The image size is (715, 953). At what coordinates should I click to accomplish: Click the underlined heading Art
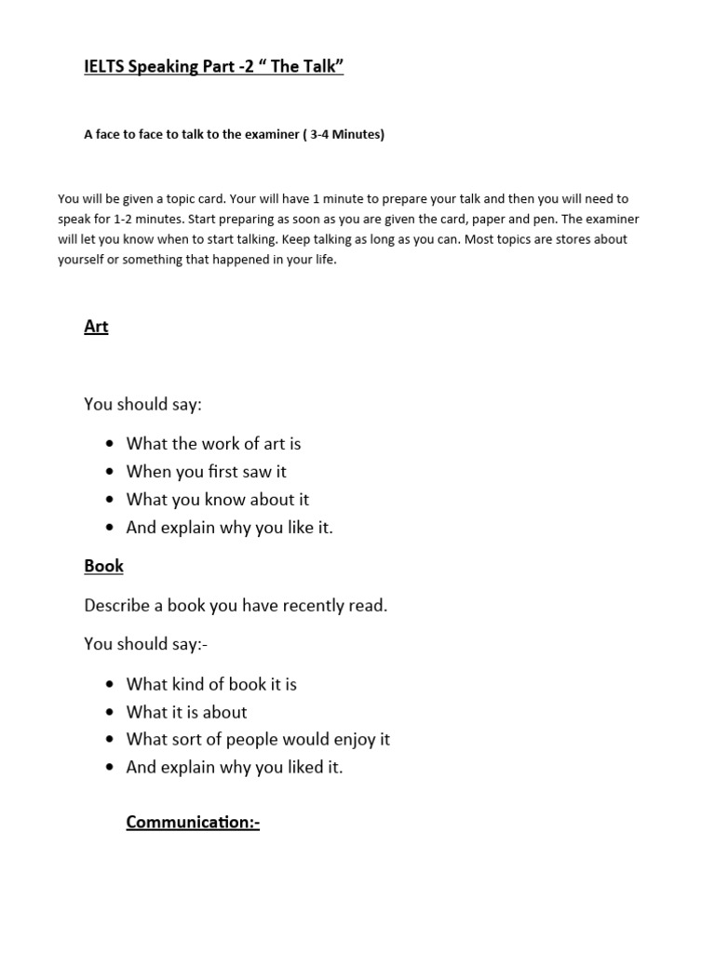click(96, 327)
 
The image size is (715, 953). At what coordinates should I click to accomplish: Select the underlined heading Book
click(103, 566)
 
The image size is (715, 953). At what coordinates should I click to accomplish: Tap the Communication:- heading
click(193, 822)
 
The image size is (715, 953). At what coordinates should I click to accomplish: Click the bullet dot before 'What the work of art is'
click(111, 444)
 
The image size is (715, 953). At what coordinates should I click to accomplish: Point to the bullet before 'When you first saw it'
click(111, 472)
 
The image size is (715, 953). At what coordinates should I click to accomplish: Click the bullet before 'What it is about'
click(111, 712)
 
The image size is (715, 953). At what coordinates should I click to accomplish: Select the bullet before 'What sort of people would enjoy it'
click(111, 740)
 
